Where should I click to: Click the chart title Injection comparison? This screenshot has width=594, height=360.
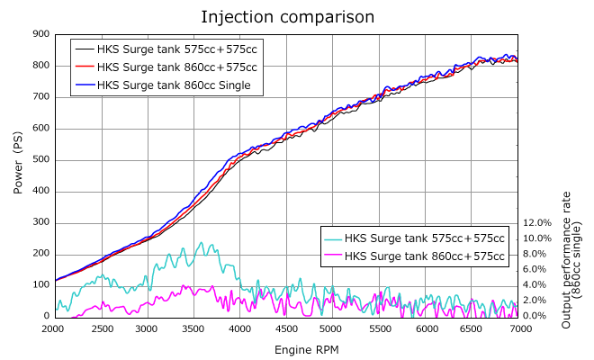pyautogui.click(x=287, y=17)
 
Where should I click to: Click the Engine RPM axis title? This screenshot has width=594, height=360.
pyautogui.click(x=287, y=347)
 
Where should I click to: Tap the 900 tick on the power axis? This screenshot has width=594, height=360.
pyautogui.click(x=40, y=34)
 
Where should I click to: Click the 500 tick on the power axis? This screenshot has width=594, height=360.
pyautogui.click(x=40, y=160)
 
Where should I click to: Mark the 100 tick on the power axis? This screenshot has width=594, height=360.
pyautogui.click(x=40, y=285)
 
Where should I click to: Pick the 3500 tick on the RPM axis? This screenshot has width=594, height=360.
pyautogui.click(x=193, y=329)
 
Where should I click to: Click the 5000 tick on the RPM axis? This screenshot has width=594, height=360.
pyautogui.click(x=332, y=329)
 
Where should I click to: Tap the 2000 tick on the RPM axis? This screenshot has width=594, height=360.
pyautogui.click(x=54, y=329)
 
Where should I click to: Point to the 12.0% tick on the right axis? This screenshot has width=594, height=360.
pyautogui.click(x=536, y=222)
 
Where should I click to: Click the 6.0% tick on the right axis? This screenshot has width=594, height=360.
pyautogui.click(x=538, y=269)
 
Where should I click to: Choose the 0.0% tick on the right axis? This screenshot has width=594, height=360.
pyautogui.click(x=538, y=316)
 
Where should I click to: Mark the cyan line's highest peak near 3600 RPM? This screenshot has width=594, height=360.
pyautogui.click(x=201, y=242)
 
